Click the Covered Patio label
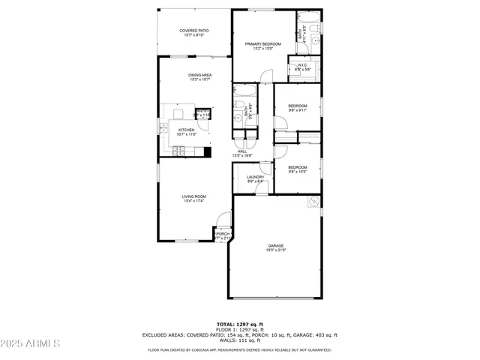[193, 33]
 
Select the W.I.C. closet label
[303, 67]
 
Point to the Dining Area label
[199, 77]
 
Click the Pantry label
[202, 113]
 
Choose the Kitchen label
[186, 132]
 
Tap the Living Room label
[193, 198]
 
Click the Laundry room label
[255, 179]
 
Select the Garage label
[276, 247]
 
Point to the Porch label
[223, 235]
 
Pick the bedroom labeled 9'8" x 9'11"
[298, 108]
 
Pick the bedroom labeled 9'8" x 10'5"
[298, 169]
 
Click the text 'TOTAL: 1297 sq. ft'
[239, 323]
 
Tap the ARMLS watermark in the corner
[30, 343]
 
